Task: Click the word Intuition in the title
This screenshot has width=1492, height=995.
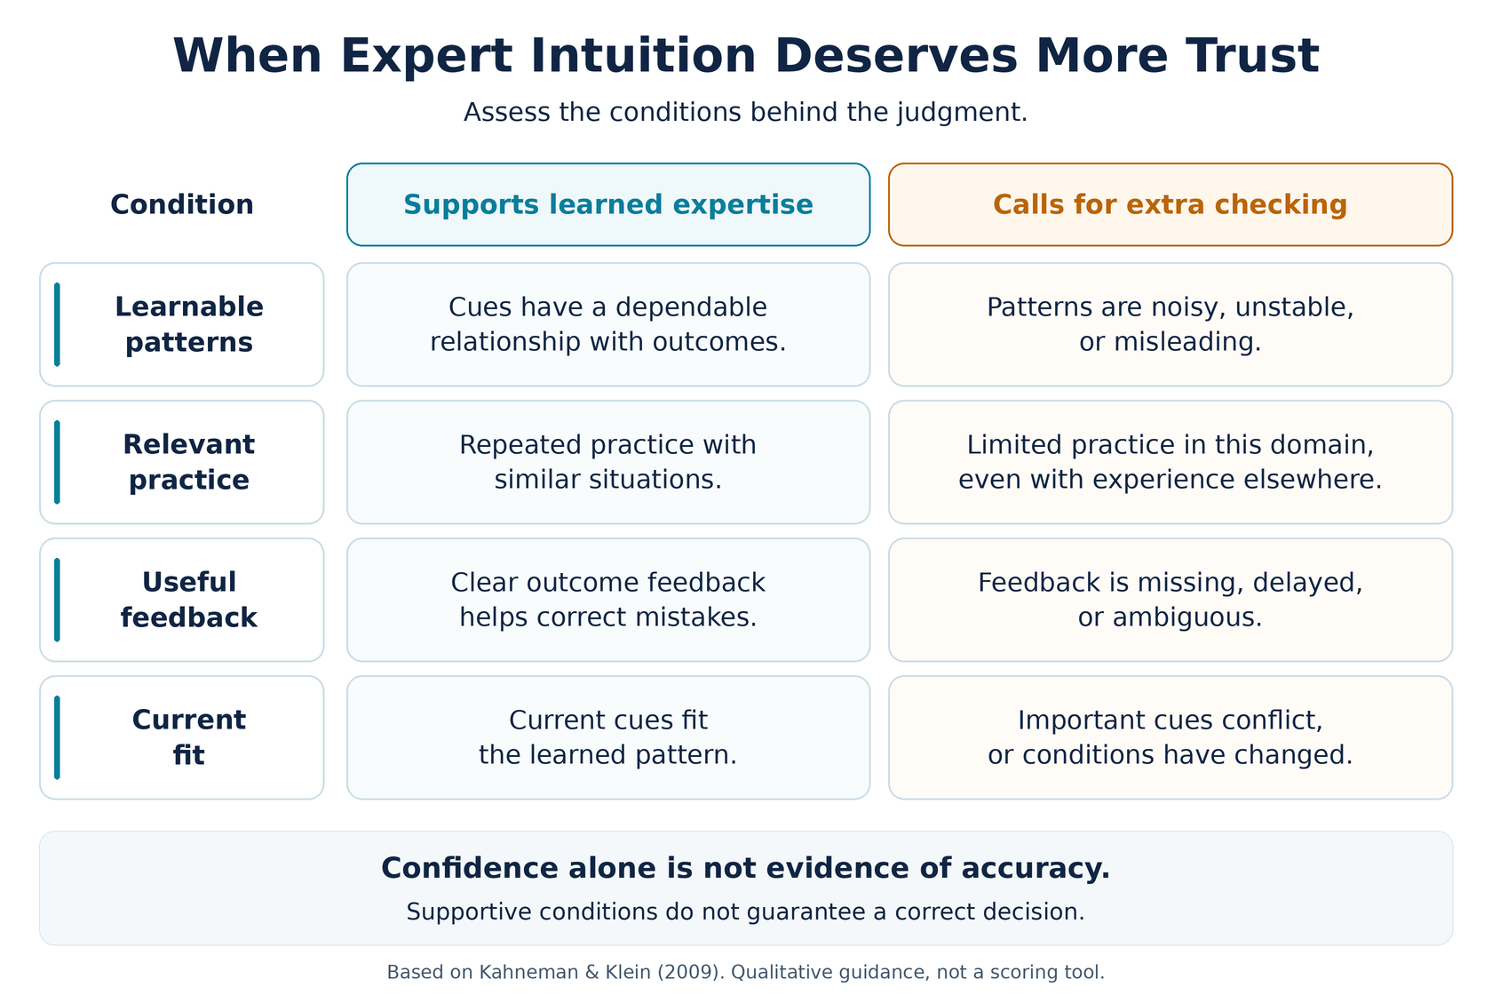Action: (643, 55)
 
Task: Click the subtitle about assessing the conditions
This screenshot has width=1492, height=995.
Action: (745, 113)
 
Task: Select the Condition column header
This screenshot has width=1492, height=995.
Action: (182, 204)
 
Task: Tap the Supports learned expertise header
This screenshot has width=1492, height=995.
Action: (608, 204)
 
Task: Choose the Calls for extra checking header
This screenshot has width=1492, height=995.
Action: (1171, 204)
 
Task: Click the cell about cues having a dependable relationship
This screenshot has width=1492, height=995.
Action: (608, 324)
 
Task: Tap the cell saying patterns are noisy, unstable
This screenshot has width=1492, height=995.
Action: (1171, 324)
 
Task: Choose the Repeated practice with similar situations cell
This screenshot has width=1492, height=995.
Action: (608, 462)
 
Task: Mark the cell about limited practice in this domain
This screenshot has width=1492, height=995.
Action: (1171, 462)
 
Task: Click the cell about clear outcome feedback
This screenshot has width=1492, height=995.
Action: (608, 600)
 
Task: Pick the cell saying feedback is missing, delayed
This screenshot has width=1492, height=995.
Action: (1171, 600)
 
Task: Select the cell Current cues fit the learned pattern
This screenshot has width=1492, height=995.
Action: (608, 737)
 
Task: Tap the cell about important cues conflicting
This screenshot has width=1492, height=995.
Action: (1171, 737)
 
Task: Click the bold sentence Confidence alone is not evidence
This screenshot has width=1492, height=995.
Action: (745, 868)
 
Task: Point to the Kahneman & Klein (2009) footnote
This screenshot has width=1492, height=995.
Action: (745, 972)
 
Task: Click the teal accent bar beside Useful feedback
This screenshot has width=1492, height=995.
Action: (57, 600)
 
